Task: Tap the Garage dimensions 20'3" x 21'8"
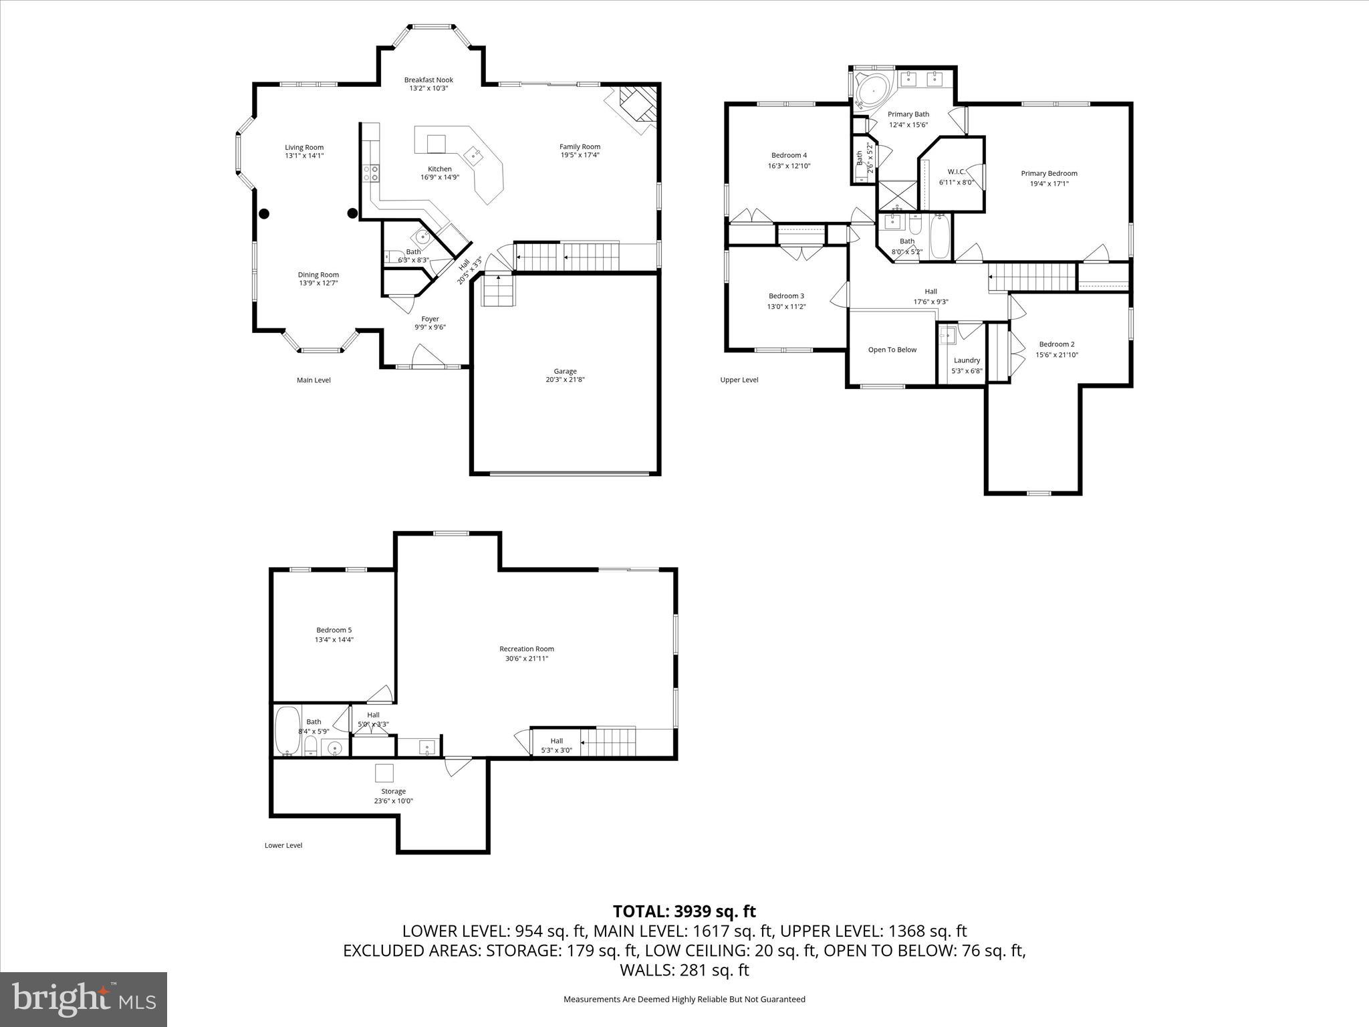[565, 380]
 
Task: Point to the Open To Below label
[892, 350]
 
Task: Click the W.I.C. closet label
[956, 172]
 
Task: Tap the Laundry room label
[967, 360]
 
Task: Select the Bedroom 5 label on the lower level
[334, 630]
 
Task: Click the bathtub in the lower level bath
[288, 729]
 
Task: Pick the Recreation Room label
[526, 649]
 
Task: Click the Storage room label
[393, 792]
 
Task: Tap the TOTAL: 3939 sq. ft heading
[684, 911]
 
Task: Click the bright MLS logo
[84, 1000]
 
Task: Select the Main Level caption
[314, 380]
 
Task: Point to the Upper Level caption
[739, 380]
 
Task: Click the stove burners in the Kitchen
[371, 174]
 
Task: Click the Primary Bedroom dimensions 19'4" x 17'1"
[1048, 183]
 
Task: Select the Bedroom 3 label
[786, 296]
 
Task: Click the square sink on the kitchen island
[475, 156]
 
